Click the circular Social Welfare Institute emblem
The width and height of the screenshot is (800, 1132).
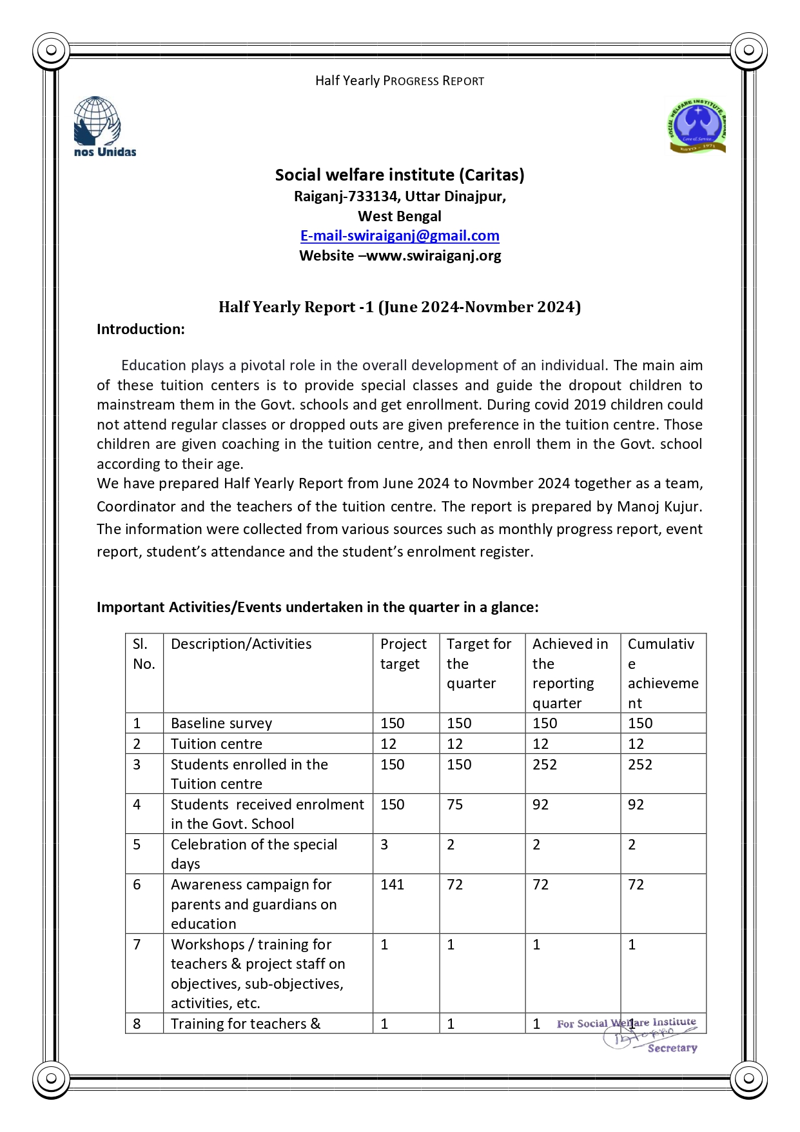click(696, 126)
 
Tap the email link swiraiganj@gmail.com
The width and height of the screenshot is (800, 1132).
click(400, 236)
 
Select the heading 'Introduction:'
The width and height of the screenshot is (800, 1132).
click(141, 330)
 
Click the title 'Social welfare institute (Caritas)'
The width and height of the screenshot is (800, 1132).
click(400, 175)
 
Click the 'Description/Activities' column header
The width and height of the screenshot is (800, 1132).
click(241, 644)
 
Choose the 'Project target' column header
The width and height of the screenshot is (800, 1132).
click(404, 654)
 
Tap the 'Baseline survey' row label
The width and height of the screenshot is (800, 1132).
click(221, 723)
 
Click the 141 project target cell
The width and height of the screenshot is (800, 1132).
click(392, 884)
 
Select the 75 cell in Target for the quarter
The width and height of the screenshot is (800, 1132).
click(455, 804)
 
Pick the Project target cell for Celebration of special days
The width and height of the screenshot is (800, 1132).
click(385, 844)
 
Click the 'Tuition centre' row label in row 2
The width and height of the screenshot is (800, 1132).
click(216, 744)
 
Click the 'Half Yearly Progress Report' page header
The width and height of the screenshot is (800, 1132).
click(400, 81)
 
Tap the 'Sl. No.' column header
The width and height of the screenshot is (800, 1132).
click(144, 654)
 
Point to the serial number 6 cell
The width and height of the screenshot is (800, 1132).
click(137, 884)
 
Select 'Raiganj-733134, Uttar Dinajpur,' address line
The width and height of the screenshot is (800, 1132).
click(400, 196)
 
